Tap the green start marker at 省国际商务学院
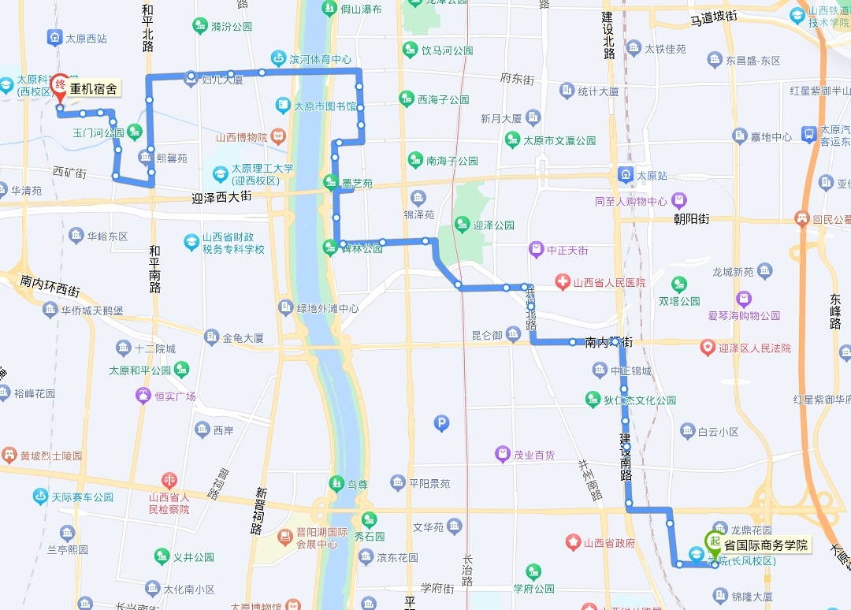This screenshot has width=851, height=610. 714,541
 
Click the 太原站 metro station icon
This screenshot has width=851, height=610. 626,175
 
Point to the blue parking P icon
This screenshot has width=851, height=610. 441,424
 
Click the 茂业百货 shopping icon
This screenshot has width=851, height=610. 502,454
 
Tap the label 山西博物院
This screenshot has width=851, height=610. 242,137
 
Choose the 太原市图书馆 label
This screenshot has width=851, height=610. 325,106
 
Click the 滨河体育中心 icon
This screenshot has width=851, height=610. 278,59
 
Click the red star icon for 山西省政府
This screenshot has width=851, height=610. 573,542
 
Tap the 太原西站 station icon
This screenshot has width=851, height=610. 54,37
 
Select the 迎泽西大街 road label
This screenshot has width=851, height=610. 221,196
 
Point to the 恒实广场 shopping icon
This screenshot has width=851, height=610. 143,396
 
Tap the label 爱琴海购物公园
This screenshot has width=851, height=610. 743,315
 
